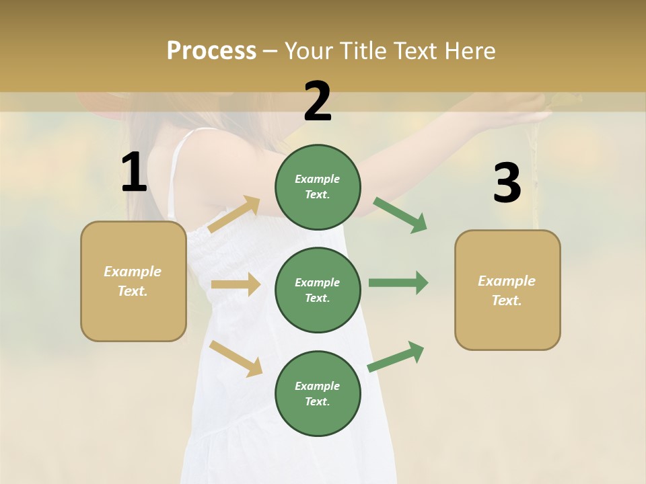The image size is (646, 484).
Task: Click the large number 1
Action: [x=134, y=173]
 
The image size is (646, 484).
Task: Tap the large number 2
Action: [x=318, y=102]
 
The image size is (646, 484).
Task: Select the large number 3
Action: [x=507, y=184]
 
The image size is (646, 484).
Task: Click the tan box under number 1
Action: [x=133, y=281]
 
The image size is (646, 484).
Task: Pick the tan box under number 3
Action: [x=507, y=290]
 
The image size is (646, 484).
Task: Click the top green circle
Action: [x=318, y=187]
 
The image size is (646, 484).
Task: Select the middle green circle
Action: [x=318, y=290]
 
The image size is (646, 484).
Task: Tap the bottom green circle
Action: [x=318, y=393]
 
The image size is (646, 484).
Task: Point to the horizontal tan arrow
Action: [x=236, y=284]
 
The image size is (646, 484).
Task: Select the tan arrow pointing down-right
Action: [x=236, y=358]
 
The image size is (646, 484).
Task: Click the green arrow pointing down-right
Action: [x=400, y=214]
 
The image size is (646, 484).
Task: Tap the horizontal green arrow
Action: [x=398, y=282]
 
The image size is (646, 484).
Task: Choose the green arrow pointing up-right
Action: [x=396, y=357]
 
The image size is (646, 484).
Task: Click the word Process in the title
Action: [x=211, y=50]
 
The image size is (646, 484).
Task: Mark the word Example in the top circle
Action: [x=318, y=179]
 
